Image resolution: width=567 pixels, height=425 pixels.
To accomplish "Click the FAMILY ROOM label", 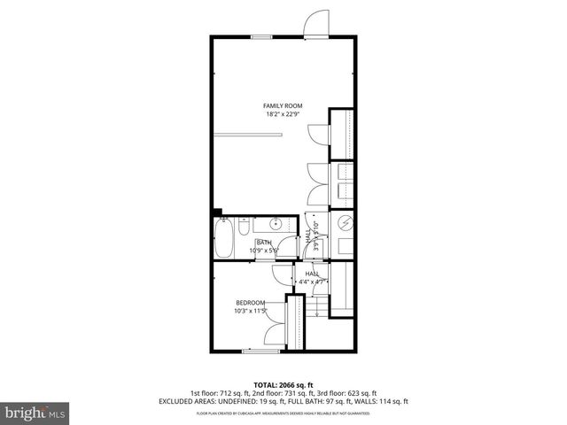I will click(283, 105).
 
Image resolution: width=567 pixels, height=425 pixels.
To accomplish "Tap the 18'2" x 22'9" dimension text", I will click(283, 113).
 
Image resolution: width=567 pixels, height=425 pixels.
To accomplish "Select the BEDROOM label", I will click(250, 303).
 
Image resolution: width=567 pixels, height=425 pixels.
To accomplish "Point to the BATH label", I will click(264, 243).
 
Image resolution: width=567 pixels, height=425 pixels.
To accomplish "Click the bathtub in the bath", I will click(224, 237).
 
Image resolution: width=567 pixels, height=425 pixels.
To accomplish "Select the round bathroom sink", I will click(275, 222).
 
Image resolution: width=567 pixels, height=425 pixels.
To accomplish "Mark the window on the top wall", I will click(261, 36).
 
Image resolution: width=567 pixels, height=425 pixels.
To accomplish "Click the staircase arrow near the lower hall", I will click(317, 308).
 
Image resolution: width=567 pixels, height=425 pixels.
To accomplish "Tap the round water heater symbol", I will click(346, 222).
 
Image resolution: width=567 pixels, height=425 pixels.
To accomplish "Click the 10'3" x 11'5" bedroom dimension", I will click(250, 311).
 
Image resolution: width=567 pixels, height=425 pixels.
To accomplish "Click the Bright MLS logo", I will click(35, 413).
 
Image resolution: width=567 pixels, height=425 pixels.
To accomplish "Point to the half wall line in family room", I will click(251, 134).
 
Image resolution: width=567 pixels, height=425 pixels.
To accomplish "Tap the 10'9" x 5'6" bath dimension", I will click(264, 251).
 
